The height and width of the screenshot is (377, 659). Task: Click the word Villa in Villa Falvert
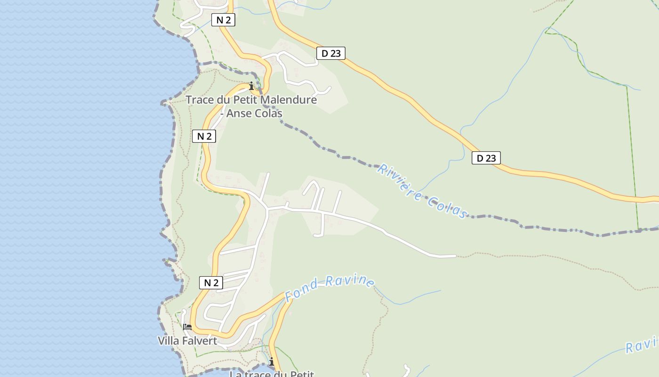coord(168,341)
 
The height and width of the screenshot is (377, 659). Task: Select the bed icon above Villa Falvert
coord(187,327)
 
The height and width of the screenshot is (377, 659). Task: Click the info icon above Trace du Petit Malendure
coord(251,86)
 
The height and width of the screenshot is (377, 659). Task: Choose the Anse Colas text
coord(254,114)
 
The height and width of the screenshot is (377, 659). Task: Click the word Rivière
coord(399,181)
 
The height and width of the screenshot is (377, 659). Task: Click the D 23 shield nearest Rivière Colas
coord(486,158)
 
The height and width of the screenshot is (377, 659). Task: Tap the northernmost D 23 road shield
coord(330,53)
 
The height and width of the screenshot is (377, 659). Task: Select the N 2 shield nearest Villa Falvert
coord(211,283)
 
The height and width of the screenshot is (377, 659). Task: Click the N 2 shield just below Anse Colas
coord(204,136)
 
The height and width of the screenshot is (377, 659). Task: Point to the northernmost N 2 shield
coord(223,20)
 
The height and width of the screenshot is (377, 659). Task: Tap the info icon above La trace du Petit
coord(271,361)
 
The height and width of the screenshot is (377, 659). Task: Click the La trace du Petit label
coord(272,374)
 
